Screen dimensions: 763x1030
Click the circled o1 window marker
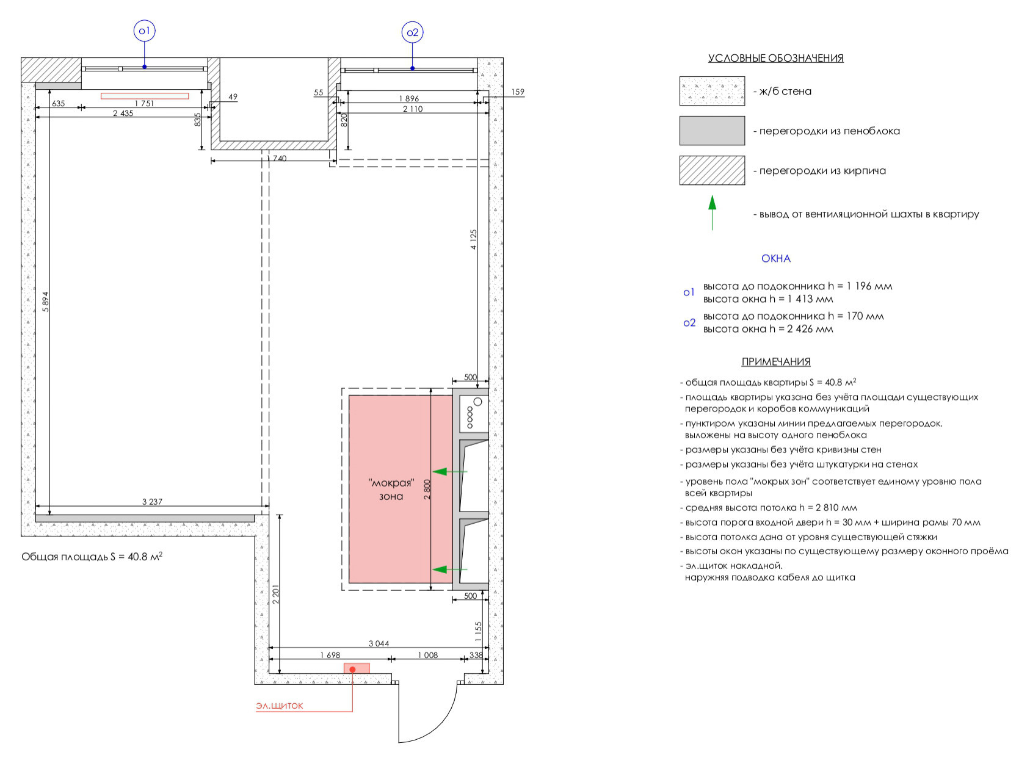point(145,31)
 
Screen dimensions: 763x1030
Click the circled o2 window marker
point(413,32)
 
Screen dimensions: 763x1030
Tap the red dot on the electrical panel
point(352,670)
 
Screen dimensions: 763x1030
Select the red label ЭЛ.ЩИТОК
point(280,706)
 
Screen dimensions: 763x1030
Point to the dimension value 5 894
point(45,302)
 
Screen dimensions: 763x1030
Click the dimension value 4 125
point(474,240)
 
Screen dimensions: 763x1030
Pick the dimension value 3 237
point(152,502)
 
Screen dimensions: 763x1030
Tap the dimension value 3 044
point(379,643)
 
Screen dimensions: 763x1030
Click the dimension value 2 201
point(276,595)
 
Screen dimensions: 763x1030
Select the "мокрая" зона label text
point(391,490)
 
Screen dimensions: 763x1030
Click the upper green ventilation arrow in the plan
point(449,472)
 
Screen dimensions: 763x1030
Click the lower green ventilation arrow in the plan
point(449,570)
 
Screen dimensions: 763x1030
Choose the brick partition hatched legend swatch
point(712,170)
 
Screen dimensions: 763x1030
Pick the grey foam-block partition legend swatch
point(712,131)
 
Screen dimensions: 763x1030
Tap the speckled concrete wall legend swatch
point(712,91)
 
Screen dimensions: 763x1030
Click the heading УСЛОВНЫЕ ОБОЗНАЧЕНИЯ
point(775,58)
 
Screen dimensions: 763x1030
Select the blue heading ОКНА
point(775,259)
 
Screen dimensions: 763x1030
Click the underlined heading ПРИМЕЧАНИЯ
point(775,362)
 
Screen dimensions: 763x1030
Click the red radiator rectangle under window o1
point(145,96)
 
